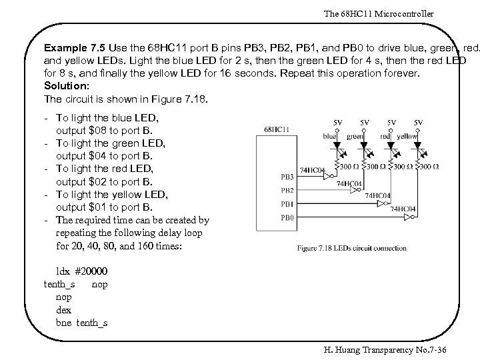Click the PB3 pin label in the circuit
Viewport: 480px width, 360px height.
pyautogui.click(x=287, y=177)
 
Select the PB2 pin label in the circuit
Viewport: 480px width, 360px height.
pyautogui.click(x=287, y=190)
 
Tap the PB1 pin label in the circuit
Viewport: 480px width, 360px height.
pyautogui.click(x=287, y=203)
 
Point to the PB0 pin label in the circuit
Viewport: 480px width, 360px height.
pyautogui.click(x=287, y=217)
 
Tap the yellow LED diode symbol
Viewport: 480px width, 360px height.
pyautogui.click(x=418, y=143)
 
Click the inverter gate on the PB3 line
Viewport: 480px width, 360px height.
pyautogui.click(x=319, y=177)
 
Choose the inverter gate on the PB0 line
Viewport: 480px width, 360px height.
pyautogui.click(x=402, y=217)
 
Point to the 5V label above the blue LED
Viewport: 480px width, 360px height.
pyautogui.click(x=338, y=122)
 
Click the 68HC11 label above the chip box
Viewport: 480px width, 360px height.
pyautogui.click(x=275, y=129)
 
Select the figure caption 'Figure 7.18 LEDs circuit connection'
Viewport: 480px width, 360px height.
pyautogui.click(x=351, y=249)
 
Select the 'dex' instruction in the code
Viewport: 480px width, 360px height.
pyautogui.click(x=64, y=310)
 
